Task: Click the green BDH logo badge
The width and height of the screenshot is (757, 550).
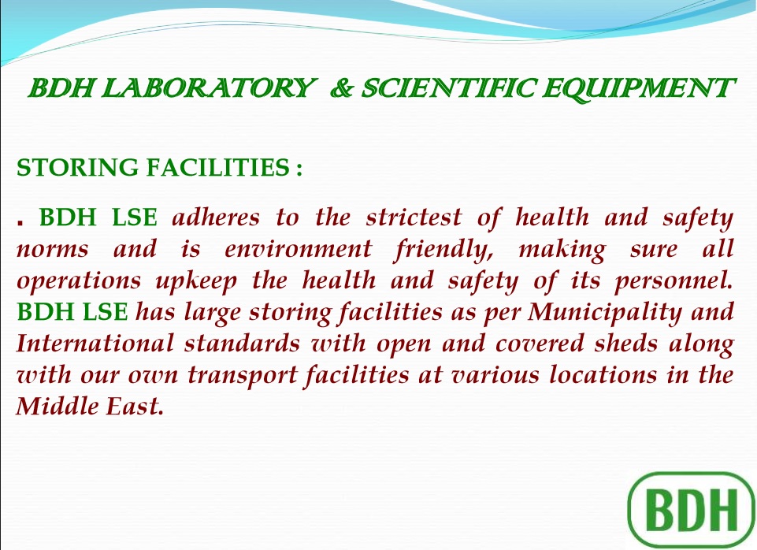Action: [691, 510]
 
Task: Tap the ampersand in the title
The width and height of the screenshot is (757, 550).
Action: [343, 88]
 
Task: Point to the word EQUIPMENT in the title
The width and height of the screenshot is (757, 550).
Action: [638, 88]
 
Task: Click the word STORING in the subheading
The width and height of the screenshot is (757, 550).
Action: [77, 168]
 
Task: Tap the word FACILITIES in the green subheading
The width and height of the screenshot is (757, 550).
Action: [217, 167]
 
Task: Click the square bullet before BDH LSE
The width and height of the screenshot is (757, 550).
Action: [20, 223]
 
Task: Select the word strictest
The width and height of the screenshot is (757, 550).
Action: [414, 217]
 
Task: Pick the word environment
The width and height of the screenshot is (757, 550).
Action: [298, 249]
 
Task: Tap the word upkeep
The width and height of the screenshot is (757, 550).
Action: [196, 281]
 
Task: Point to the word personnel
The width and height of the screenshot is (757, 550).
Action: [674, 282]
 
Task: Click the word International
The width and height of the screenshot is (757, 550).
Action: [95, 344]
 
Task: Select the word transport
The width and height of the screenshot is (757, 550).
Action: [243, 376]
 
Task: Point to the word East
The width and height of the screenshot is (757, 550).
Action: [135, 406]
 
